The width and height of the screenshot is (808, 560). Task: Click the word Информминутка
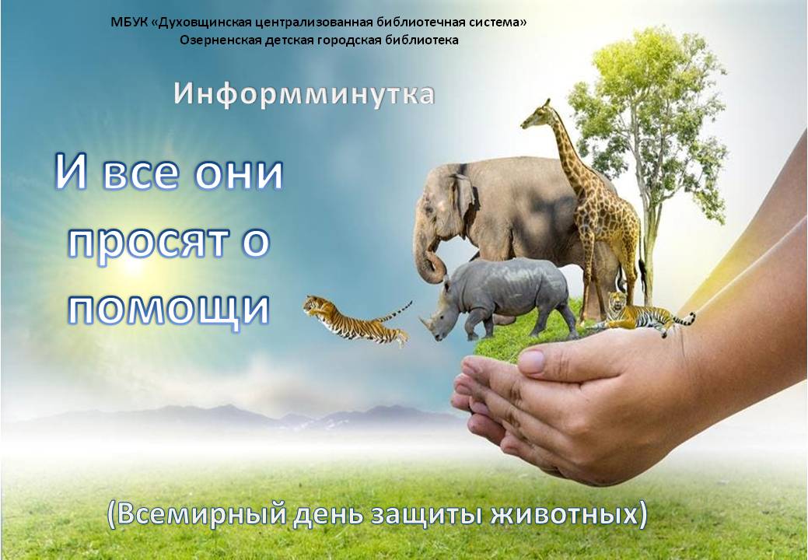click(304, 95)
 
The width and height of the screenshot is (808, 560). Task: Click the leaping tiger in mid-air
click(357, 320)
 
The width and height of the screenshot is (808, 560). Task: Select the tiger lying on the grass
click(641, 313)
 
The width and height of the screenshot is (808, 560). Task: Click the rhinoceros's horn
click(427, 323)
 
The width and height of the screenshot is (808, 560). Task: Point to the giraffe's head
click(536, 115)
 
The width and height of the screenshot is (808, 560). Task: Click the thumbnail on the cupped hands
click(532, 361)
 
